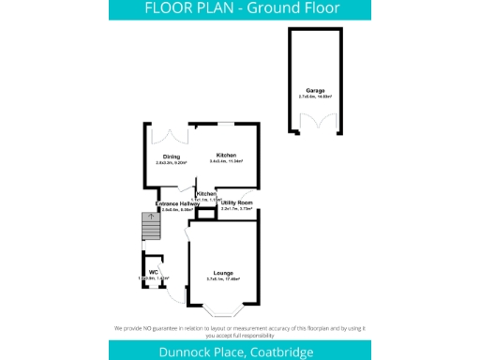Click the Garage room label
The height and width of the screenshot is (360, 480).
(314, 90)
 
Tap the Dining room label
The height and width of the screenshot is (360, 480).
(172, 156)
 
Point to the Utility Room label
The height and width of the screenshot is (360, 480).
(237, 202)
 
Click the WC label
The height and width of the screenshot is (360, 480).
(152, 273)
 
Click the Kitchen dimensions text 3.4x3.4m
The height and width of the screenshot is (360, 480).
(226, 162)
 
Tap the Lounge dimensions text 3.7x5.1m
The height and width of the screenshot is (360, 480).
(221, 279)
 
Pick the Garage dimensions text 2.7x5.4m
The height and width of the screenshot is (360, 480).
(314, 97)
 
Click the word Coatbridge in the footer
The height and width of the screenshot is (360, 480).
(281, 350)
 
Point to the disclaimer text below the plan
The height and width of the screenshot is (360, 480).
(240, 330)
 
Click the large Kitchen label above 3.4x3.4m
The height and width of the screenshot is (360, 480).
(226, 156)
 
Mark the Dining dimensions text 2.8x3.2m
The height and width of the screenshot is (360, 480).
(172, 162)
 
